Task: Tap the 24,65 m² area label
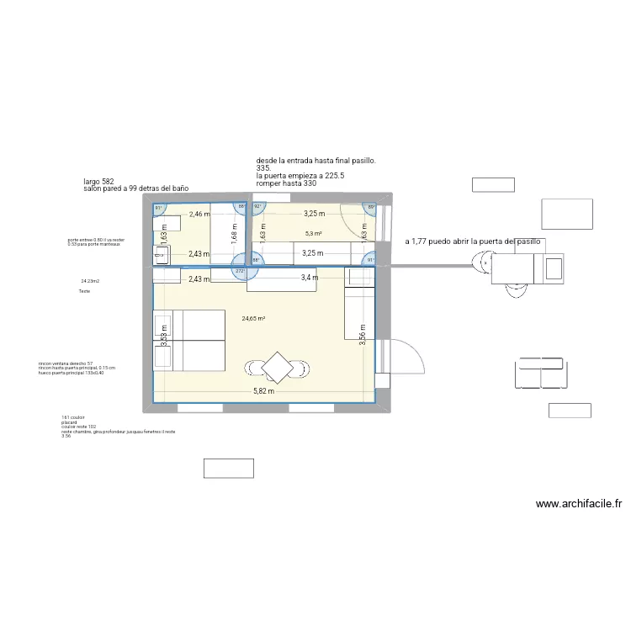[x=253, y=319]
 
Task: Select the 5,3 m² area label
[x=314, y=234]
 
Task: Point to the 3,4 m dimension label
[x=310, y=278]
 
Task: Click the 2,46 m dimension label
[x=199, y=215]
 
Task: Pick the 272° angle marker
[x=241, y=272]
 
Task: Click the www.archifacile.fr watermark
[x=578, y=505]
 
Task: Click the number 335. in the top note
[x=265, y=168]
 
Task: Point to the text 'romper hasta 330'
[x=286, y=183]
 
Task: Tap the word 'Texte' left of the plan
[x=83, y=291]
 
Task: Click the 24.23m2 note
[x=90, y=281]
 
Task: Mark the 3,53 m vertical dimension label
[x=165, y=337]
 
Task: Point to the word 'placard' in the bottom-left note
[x=68, y=422]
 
